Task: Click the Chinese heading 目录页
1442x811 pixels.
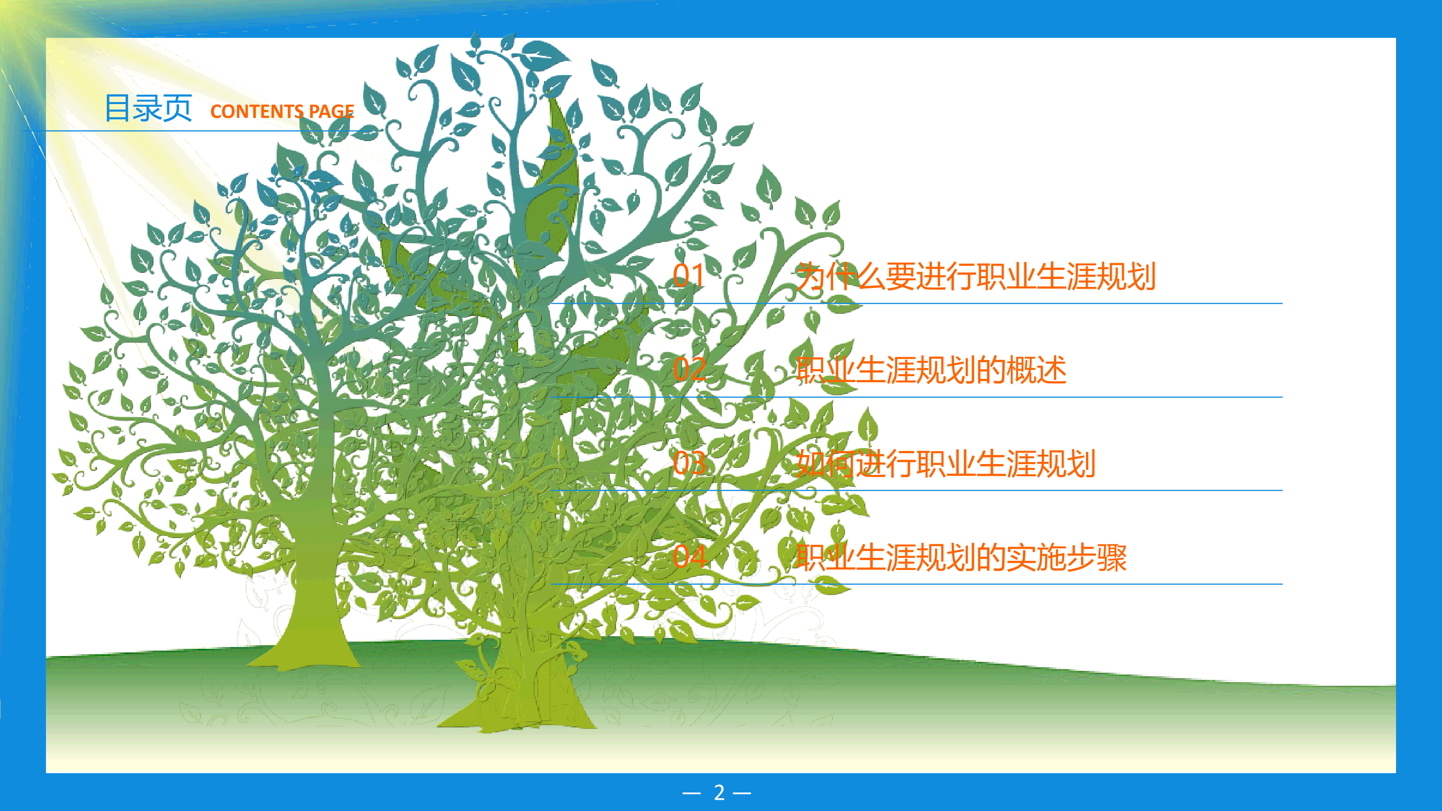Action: pos(148,108)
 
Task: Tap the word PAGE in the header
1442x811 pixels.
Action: pos(331,111)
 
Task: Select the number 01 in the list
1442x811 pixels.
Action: pos(689,275)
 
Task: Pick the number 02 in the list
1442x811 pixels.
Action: pos(689,369)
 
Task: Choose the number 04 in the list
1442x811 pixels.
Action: pos(689,556)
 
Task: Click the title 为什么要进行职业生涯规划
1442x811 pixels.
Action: pos(976,277)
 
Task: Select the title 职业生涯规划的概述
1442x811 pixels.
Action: pos(931,370)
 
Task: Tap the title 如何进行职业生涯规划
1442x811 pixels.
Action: pos(945,464)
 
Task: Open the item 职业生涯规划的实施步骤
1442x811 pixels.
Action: pos(961,557)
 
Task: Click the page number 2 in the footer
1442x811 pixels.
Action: pos(719,793)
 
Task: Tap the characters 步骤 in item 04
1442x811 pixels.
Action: pos(1097,557)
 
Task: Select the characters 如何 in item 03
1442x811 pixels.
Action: pos(826,464)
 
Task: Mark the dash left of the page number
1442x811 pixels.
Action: pos(692,793)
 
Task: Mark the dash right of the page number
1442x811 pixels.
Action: pos(742,793)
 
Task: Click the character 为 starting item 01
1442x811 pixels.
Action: pos(811,277)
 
